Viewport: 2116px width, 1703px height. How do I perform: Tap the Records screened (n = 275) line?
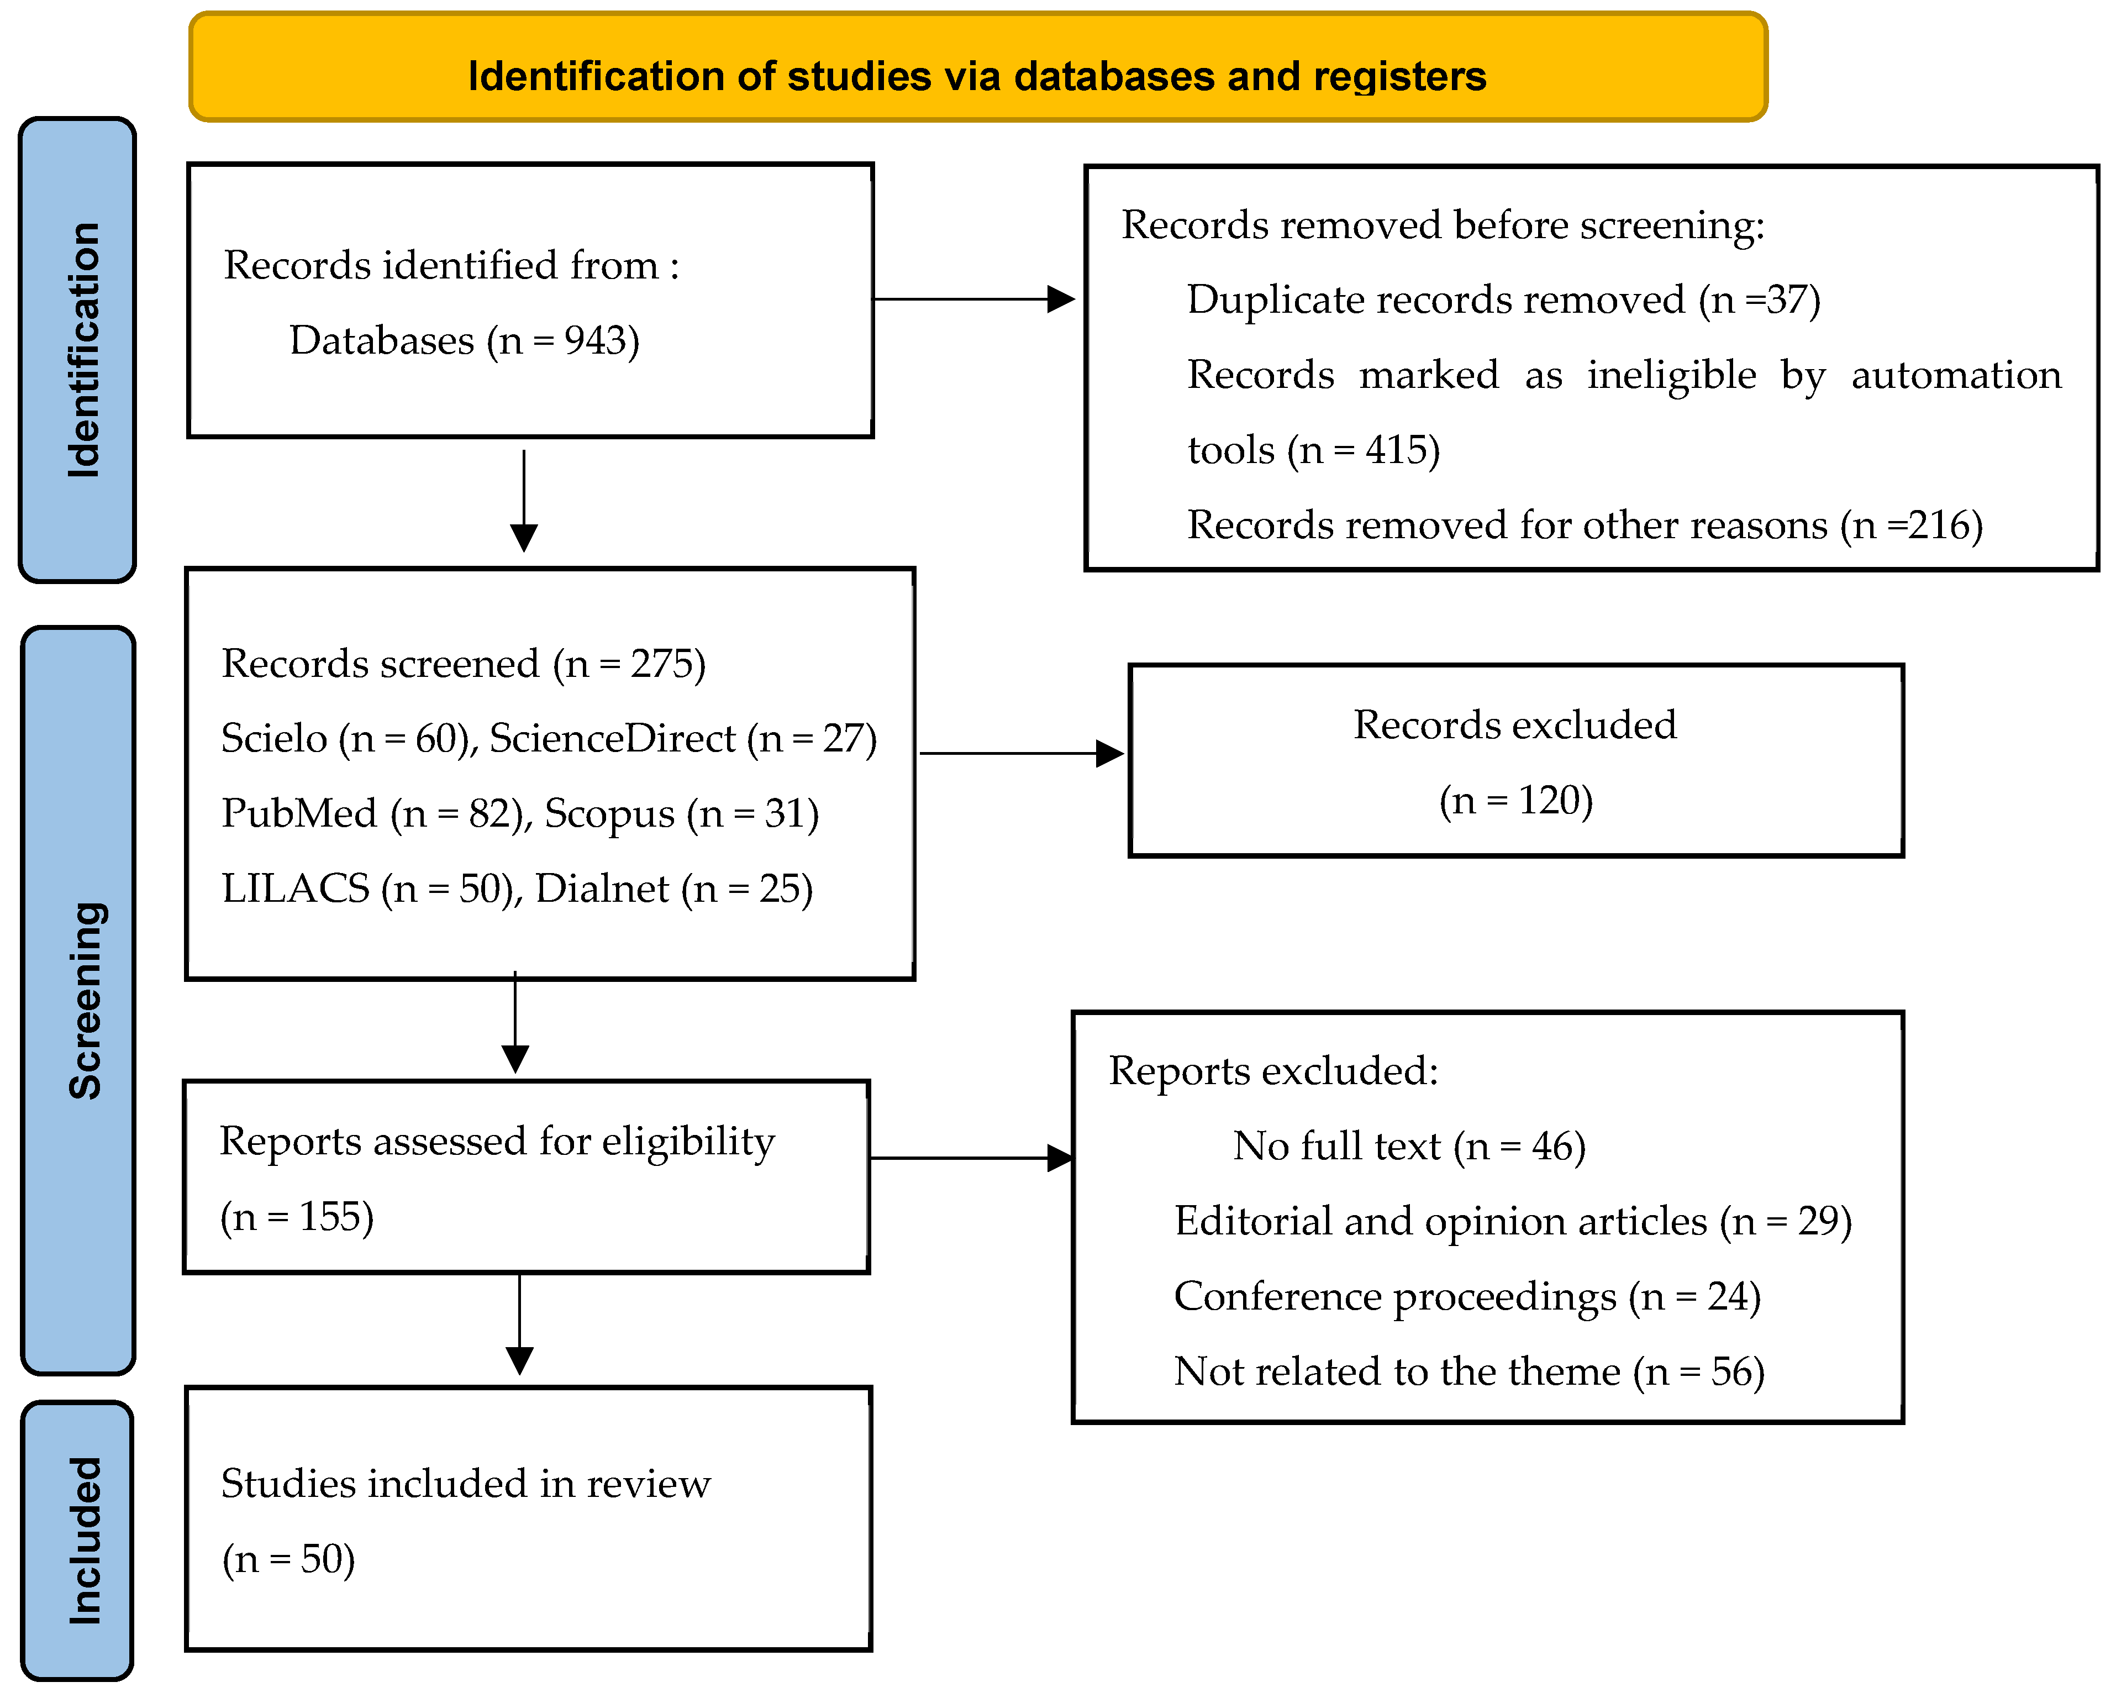463,664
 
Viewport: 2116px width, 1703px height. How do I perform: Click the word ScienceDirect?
612,738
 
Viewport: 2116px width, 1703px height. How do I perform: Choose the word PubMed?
298,814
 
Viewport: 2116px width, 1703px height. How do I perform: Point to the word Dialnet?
602,889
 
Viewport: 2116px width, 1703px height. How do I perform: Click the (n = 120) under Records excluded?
1515,800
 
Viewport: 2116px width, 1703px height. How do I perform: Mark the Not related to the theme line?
1468,1371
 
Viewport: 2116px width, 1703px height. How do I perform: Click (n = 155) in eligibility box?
296,1217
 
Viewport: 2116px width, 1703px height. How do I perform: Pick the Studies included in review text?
465,1483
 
